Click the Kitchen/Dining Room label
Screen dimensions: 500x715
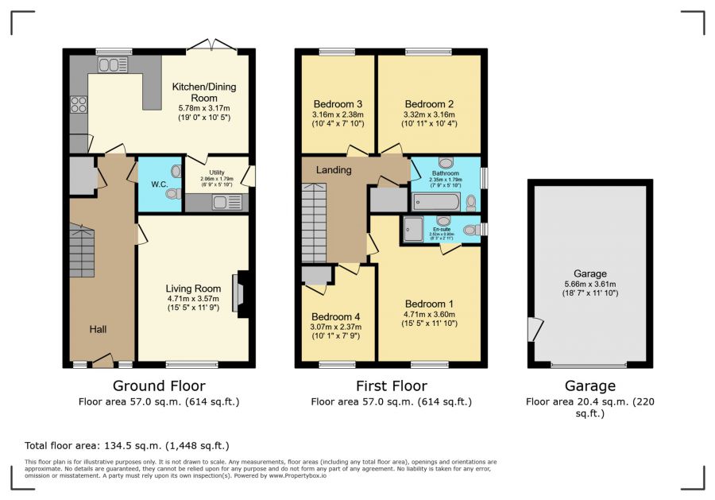[204, 92]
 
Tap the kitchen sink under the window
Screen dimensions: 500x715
[112, 65]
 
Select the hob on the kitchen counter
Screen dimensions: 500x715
[79, 106]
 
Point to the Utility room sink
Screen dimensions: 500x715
[227, 202]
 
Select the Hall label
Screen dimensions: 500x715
[98, 329]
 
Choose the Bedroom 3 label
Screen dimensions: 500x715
[338, 104]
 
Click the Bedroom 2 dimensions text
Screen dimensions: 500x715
[429, 119]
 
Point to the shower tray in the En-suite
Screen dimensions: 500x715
[414, 228]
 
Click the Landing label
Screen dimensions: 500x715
[334, 170]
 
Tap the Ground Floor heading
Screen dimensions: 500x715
[159, 386]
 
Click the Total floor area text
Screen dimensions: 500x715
[127, 446]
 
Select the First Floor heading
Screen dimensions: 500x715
[391, 386]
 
